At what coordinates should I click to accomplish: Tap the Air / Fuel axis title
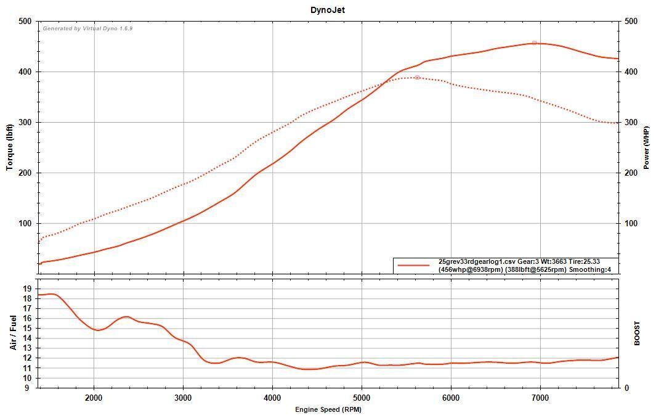pyautogui.click(x=13, y=332)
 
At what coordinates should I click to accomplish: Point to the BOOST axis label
pyautogui.click(x=637, y=333)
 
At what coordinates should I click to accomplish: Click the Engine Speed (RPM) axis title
pyautogui.click(x=328, y=409)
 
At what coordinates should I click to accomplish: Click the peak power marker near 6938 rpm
pyautogui.click(x=534, y=43)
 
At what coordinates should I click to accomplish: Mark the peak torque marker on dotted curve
pyautogui.click(x=417, y=78)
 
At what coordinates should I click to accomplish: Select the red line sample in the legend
pyautogui.click(x=413, y=265)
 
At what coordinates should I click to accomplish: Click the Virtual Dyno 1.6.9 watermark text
pyautogui.click(x=87, y=28)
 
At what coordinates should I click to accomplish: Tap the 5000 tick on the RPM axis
pyautogui.click(x=362, y=398)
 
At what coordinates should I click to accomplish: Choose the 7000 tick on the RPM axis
pyautogui.click(x=540, y=398)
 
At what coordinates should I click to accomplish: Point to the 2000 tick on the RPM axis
pyautogui.click(x=94, y=398)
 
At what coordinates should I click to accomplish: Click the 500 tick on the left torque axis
pyautogui.click(x=25, y=21)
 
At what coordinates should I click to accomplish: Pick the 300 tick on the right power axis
pyautogui.click(x=630, y=122)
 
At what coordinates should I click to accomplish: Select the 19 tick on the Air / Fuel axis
pyautogui.click(x=28, y=289)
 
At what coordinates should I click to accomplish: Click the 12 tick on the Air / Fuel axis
pyautogui.click(x=28, y=358)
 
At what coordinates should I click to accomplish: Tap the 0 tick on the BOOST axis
pyautogui.click(x=625, y=388)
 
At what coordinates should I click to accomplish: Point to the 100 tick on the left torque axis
pyautogui.click(x=25, y=223)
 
